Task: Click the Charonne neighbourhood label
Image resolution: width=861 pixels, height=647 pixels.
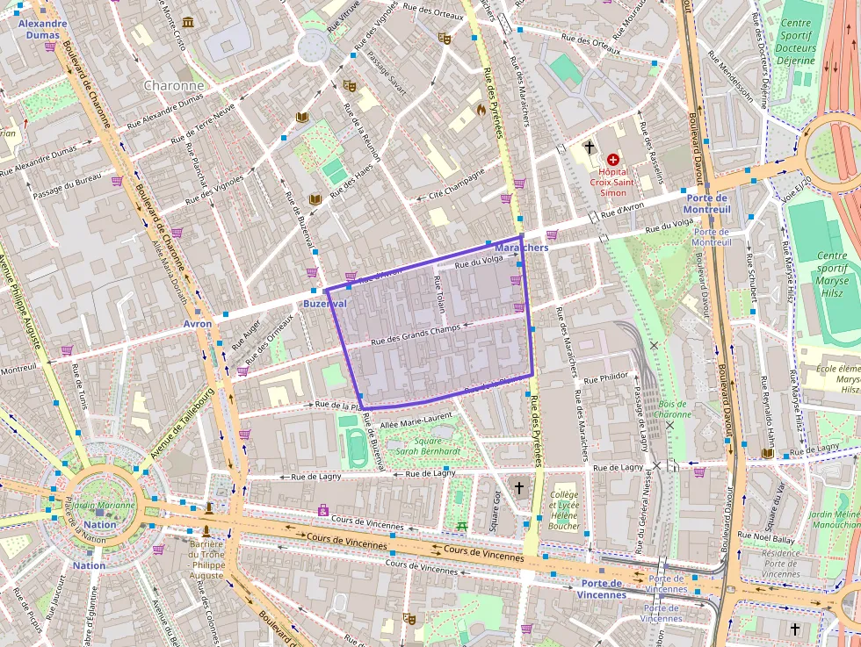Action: [x=172, y=86]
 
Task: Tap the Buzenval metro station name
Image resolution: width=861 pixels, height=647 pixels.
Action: [x=324, y=303]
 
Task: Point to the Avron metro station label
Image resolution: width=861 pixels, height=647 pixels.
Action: [x=198, y=324]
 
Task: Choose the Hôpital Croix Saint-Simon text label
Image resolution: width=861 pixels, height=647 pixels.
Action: [x=612, y=182]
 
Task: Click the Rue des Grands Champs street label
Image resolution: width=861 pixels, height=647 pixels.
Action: [x=416, y=333]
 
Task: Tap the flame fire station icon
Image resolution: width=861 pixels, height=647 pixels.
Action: [x=481, y=110]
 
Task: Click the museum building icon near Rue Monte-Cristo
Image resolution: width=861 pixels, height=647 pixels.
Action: [x=188, y=23]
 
